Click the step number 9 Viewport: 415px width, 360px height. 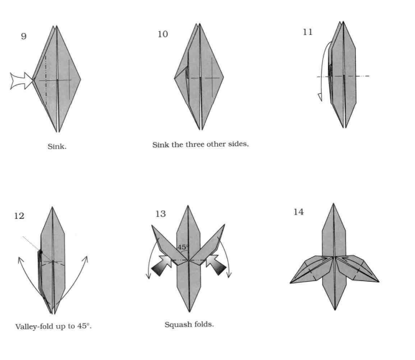pos(23,35)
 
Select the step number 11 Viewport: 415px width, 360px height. pos(307,32)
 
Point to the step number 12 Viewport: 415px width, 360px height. pos(21,216)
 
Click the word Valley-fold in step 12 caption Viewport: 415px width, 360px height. pos(35,327)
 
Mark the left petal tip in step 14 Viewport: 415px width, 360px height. pos(291,283)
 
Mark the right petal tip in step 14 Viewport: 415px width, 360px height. pos(379,282)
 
